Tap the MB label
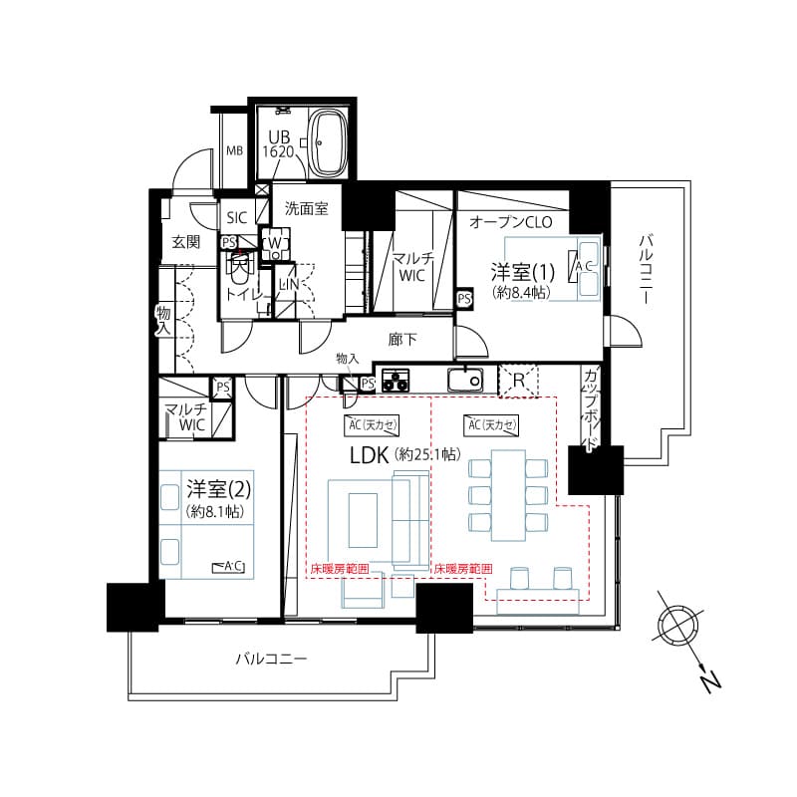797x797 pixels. (x=234, y=151)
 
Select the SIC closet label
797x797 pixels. (x=237, y=218)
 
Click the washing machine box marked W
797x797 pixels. (x=275, y=243)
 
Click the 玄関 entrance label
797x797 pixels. (x=185, y=242)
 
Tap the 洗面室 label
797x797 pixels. (x=306, y=209)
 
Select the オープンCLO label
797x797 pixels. (x=511, y=222)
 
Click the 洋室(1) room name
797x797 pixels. (x=522, y=273)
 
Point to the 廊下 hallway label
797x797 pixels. (x=402, y=339)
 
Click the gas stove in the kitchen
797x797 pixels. (x=396, y=380)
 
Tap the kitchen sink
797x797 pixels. (x=465, y=380)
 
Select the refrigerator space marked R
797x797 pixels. (x=518, y=381)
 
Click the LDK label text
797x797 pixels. (x=370, y=455)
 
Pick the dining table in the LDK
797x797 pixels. (x=508, y=495)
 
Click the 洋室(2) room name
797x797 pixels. (x=218, y=489)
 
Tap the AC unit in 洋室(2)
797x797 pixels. (x=232, y=566)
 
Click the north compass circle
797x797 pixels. (x=677, y=624)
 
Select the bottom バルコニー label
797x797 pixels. (x=271, y=660)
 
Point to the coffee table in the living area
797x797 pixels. (x=363, y=520)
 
